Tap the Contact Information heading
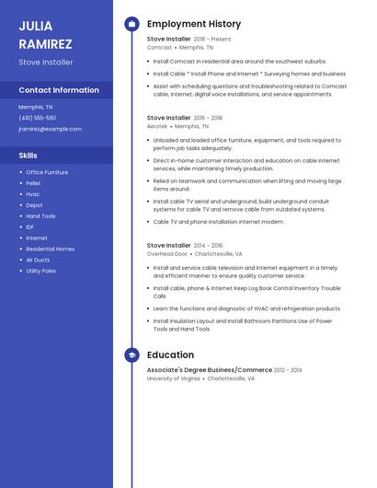pos(59,90)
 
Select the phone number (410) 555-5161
pos(38,118)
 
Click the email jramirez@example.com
pos(50,129)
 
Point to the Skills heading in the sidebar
pos(29,156)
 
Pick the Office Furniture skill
pos(47,172)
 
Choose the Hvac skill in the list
pos(33,194)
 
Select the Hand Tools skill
pos(40,216)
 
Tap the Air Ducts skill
pos(38,261)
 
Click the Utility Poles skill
pos(41,272)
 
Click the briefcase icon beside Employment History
pos(131,24)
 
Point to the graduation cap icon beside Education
pos(131,354)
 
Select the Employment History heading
pos(194,24)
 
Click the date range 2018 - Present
pos(212,40)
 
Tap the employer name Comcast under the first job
pos(159,47)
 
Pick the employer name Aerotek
pos(158,126)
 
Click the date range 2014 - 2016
pos(209,246)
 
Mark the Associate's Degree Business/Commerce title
pos(209,370)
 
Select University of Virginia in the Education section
pos(173,378)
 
